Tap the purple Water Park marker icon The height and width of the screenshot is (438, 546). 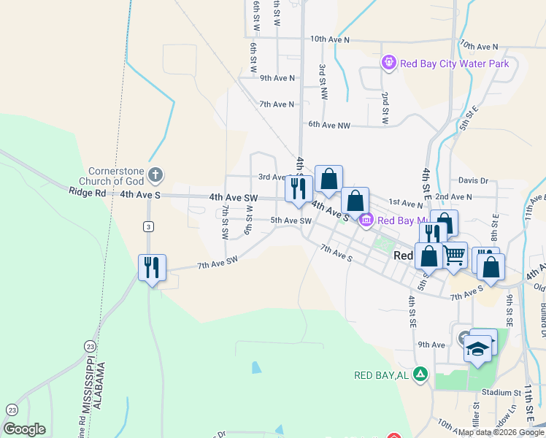click(x=389, y=64)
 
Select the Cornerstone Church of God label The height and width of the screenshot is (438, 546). click(x=111, y=175)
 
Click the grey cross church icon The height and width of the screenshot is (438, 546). click(x=154, y=174)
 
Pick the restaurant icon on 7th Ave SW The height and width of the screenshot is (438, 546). click(x=152, y=267)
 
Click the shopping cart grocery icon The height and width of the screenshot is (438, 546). click(x=454, y=255)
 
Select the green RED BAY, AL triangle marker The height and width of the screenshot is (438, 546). click(x=420, y=375)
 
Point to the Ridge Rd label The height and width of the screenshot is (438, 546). click(x=88, y=193)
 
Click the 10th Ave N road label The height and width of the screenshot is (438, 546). click(x=330, y=39)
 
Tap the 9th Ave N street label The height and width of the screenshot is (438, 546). click(x=277, y=78)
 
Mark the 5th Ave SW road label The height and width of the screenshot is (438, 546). click(x=291, y=220)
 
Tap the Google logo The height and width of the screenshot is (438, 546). click(x=24, y=429)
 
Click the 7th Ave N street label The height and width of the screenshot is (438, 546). click(x=277, y=104)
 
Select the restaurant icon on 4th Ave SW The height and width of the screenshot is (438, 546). click(x=298, y=189)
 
